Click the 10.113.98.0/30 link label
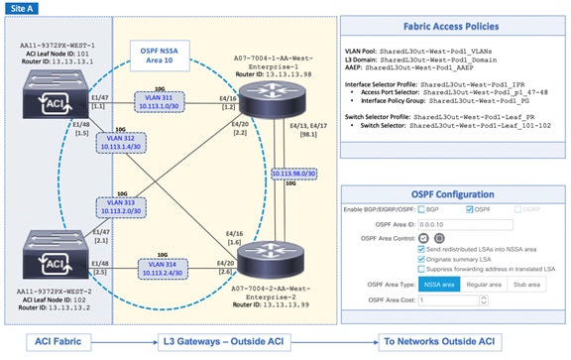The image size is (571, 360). (x=294, y=173)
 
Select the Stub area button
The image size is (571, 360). (x=527, y=285)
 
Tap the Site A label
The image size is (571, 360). (x=24, y=8)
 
